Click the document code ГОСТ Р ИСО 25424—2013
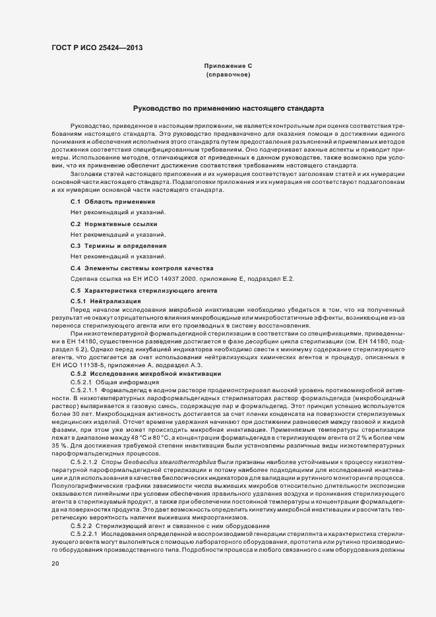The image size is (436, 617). click(96, 47)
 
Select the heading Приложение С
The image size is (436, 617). click(228, 67)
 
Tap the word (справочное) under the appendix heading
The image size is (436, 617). click(228, 75)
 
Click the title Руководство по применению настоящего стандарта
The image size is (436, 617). click(228, 107)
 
